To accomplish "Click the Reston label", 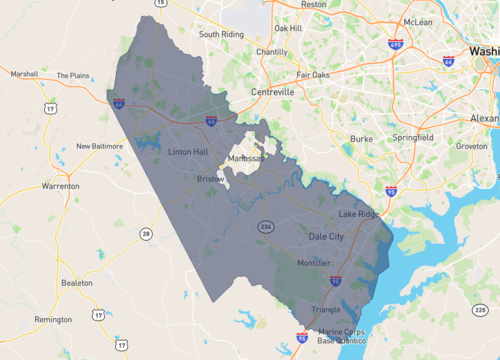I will point(314,5).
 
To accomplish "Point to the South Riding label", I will point(222,34).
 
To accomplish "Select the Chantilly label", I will point(271,52).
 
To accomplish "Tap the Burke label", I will point(361,139).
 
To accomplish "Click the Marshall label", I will point(24,73).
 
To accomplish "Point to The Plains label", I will point(73,75).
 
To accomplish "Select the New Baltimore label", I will point(100,146).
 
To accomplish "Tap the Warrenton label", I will point(60,186).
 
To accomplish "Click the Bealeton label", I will point(77,283).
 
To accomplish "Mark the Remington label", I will point(53,319).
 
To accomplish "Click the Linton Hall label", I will point(187,152).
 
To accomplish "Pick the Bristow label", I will point(211,178).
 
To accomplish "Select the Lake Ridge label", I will point(360,214).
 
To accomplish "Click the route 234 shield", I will point(266,225).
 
